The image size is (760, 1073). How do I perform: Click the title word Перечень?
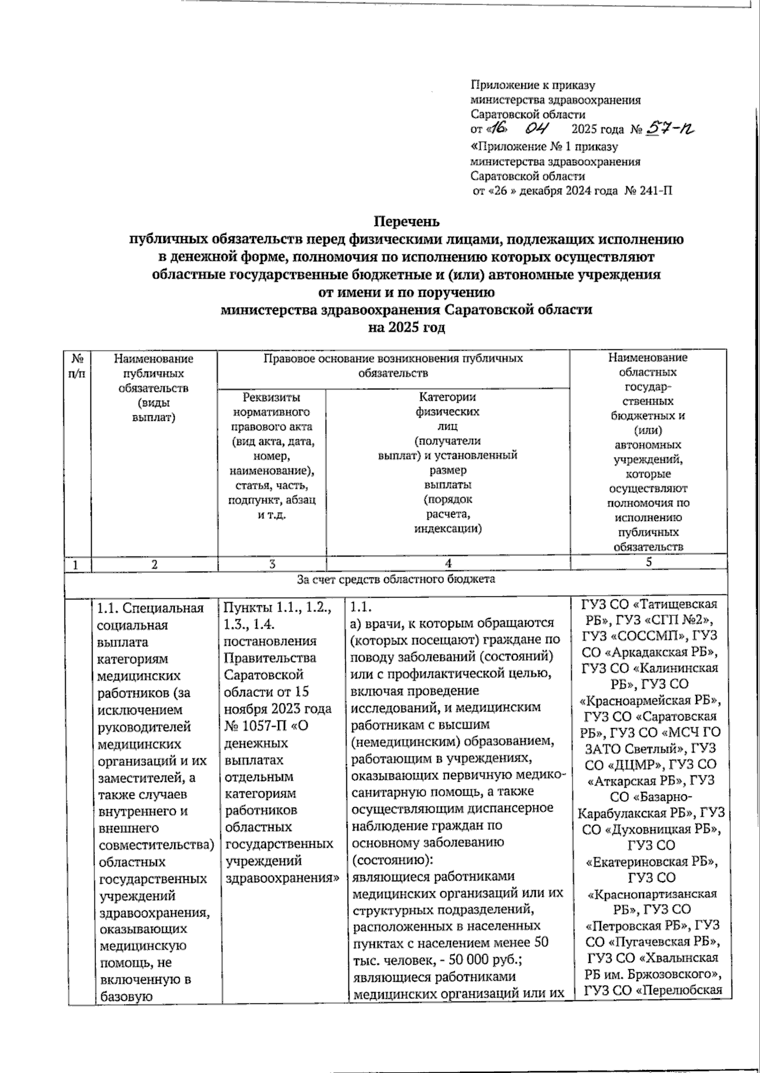click(x=406, y=222)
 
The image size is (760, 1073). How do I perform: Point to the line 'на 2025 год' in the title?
click(x=406, y=328)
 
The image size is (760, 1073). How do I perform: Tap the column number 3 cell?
click(x=272, y=563)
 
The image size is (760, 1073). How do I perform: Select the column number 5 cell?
click(x=649, y=562)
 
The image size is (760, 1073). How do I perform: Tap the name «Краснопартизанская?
click(x=652, y=894)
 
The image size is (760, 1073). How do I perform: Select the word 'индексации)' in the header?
click(x=448, y=529)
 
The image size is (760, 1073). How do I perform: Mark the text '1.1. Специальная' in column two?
click(x=150, y=609)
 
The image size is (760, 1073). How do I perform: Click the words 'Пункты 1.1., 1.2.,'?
click(x=277, y=609)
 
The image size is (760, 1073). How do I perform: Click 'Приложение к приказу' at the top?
click(x=533, y=85)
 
